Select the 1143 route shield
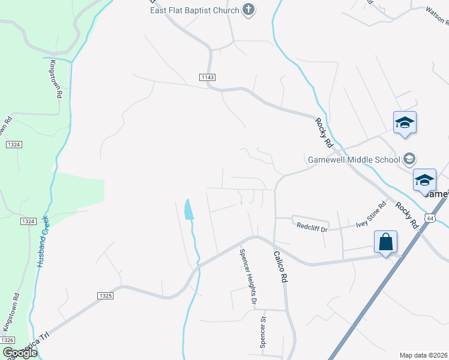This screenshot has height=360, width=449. coord(207,77)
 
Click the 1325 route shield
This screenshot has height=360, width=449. coord(104,296)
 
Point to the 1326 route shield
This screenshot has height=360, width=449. coord(8,340)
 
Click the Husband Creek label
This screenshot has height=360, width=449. coord(43,241)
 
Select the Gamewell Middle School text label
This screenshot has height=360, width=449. coord(354,160)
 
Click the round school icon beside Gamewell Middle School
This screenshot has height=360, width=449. coord(410,159)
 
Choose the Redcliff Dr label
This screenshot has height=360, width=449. coord(312,227)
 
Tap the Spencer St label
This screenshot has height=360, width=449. coord(262,333)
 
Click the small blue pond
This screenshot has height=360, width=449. coord(188,209)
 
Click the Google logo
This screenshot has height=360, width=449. coord(19,353)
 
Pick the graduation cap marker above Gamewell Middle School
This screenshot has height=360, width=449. coord(405,123)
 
